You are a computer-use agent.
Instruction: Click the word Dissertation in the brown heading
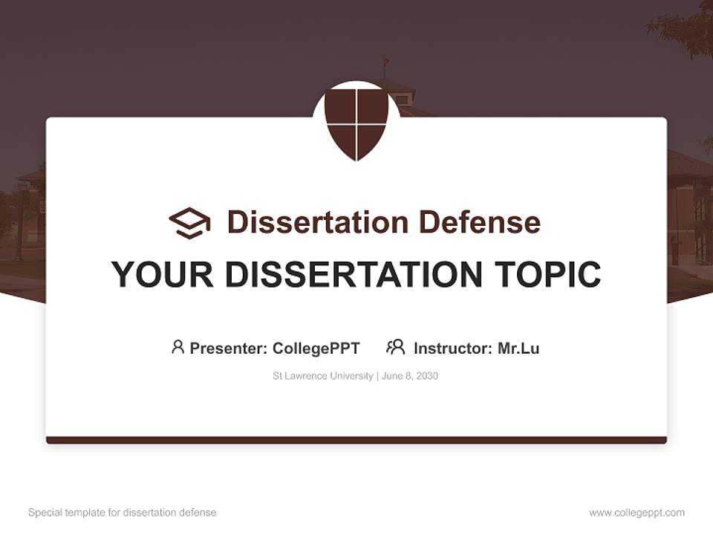tap(318, 222)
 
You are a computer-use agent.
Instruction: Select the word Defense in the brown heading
tap(479, 222)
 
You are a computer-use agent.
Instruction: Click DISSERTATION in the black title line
tap(352, 275)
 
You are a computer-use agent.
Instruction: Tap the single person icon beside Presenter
tap(178, 347)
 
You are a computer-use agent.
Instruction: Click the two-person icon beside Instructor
tap(395, 347)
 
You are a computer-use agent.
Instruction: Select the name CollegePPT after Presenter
tap(316, 348)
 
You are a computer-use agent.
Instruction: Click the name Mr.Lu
tap(518, 348)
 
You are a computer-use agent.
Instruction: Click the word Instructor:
tap(453, 348)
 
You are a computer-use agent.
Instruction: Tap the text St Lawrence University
tap(323, 376)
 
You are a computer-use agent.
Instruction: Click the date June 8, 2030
tap(411, 376)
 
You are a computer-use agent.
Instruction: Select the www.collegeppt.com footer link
tap(637, 513)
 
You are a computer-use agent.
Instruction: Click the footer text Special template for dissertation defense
tap(123, 513)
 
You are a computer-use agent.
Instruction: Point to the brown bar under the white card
tap(356, 440)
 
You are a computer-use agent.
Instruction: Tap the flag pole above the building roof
tap(385, 69)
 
